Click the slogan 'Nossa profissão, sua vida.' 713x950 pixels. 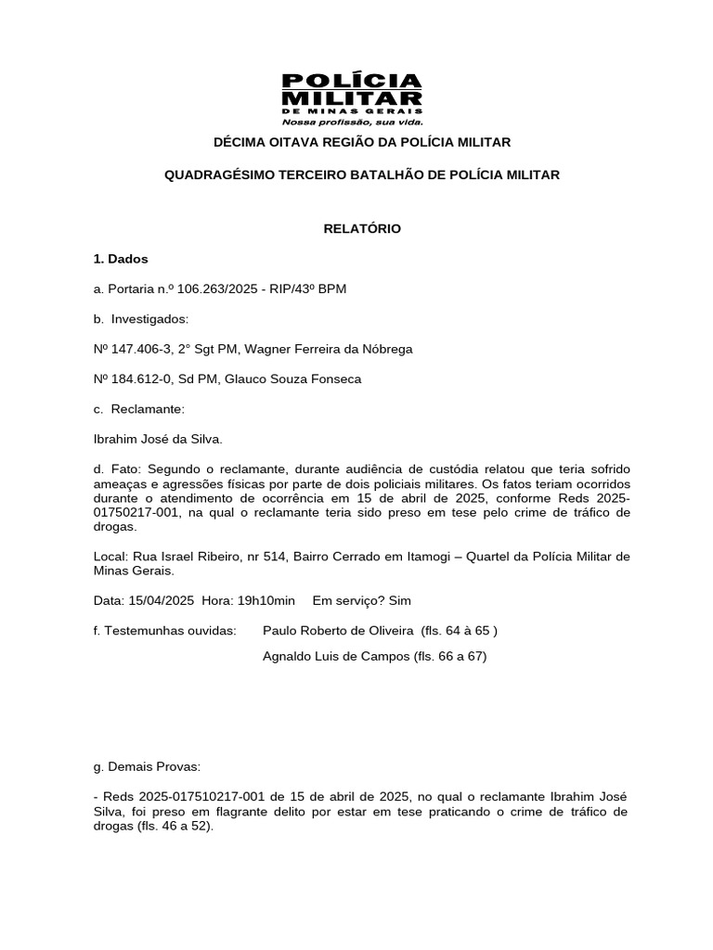pyautogui.click(x=352, y=122)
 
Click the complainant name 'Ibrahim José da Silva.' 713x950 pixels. pyautogui.click(x=158, y=440)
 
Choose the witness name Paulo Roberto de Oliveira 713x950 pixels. pyautogui.click(x=338, y=631)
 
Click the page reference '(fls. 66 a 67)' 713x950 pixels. pyautogui.click(x=451, y=657)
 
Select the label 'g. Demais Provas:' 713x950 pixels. pyautogui.click(x=147, y=767)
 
